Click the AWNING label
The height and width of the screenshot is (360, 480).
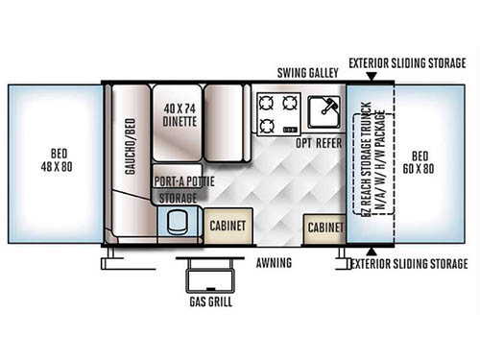pyautogui.click(x=276, y=261)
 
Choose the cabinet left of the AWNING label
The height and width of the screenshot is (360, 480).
pyautogui.click(x=228, y=226)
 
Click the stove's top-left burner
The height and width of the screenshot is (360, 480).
pyautogui.click(x=265, y=101)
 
